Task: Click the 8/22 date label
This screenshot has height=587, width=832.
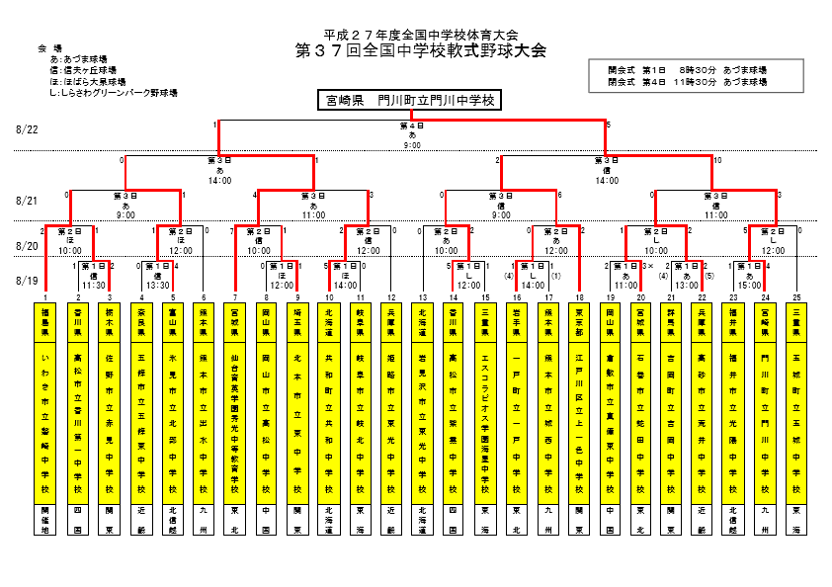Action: [27, 129]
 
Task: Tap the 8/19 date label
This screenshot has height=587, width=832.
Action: [27, 281]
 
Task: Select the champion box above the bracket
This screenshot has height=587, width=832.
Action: [409, 100]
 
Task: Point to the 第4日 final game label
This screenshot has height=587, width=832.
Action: [412, 126]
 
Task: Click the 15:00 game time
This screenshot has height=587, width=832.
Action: [750, 286]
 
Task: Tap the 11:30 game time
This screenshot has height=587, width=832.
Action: [94, 286]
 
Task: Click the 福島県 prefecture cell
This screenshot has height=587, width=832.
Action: [46, 324]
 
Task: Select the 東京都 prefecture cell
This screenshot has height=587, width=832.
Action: [579, 324]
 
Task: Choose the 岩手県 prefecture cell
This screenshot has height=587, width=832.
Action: [517, 324]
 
